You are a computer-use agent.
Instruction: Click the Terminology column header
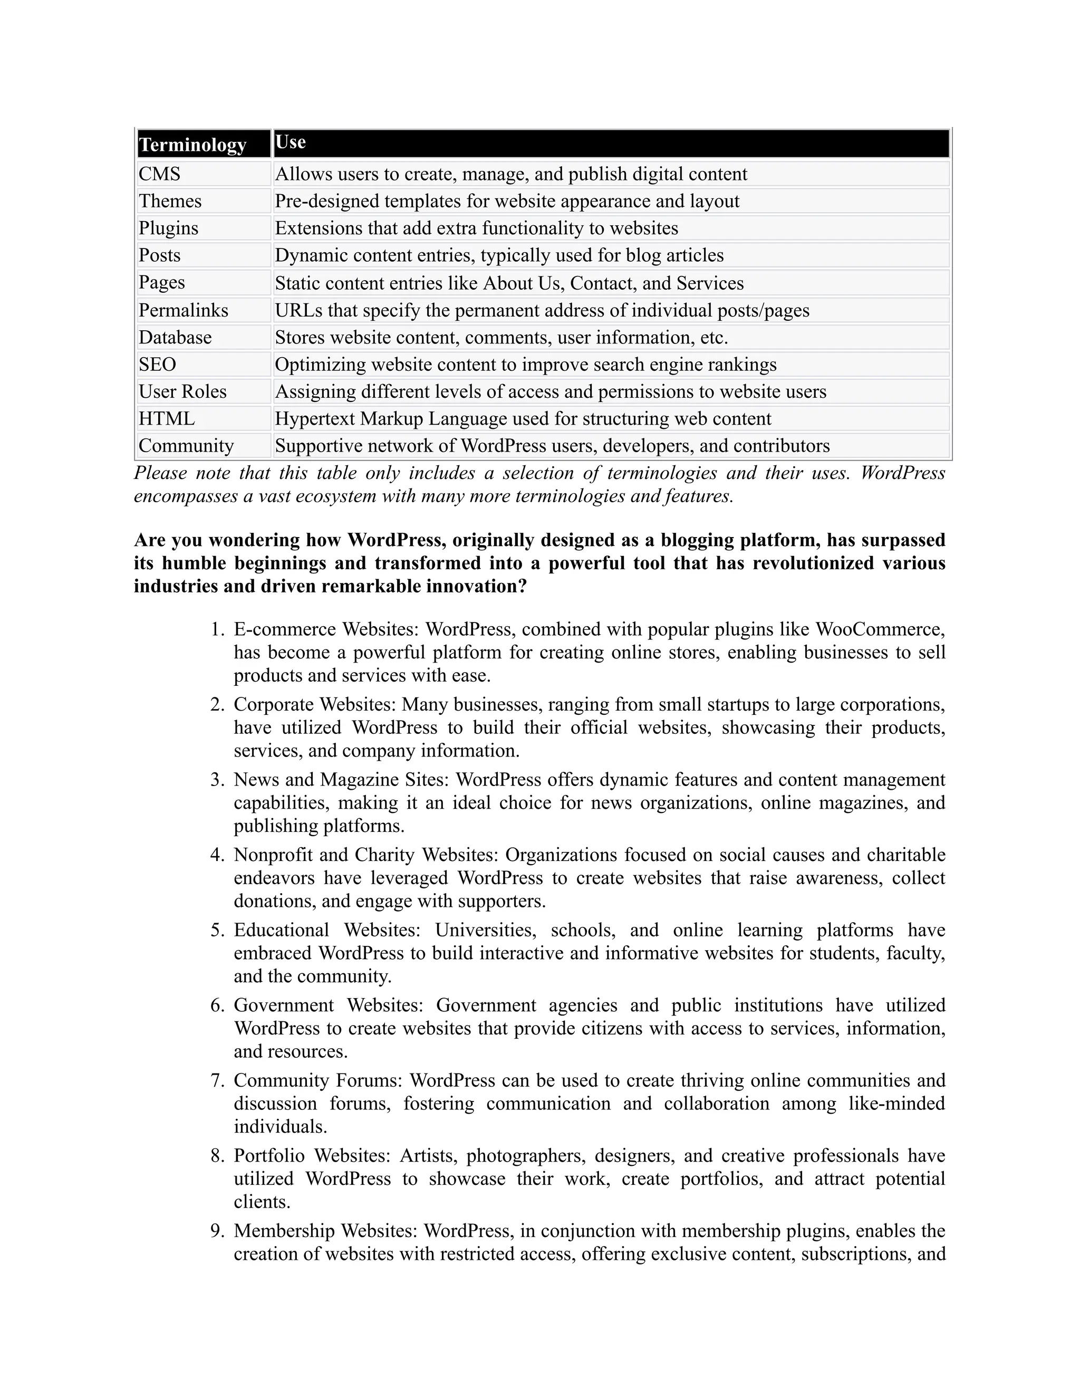(x=192, y=145)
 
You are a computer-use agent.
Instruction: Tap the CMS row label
(x=160, y=174)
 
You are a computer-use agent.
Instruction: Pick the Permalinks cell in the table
(x=184, y=310)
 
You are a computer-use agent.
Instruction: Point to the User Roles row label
(x=183, y=392)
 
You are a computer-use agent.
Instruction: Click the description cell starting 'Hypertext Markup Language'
(x=523, y=419)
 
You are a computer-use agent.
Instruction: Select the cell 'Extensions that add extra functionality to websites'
(x=476, y=228)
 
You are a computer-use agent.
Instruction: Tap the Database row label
(x=175, y=337)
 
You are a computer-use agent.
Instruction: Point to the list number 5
(x=217, y=930)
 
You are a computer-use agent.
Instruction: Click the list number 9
(x=217, y=1230)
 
